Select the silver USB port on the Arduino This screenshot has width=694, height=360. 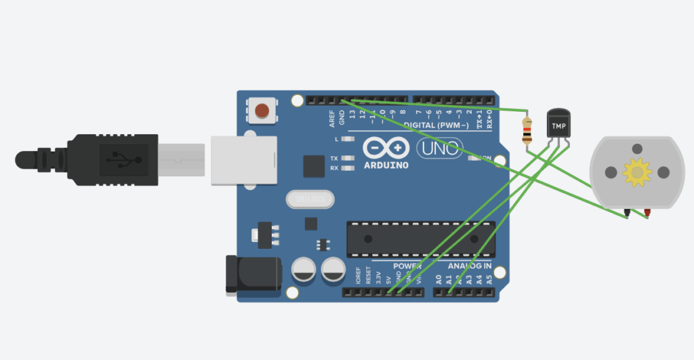pos(244,160)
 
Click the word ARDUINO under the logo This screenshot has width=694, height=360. pos(386,165)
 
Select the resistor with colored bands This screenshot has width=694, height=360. pos(527,130)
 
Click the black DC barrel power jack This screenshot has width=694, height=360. pos(253,275)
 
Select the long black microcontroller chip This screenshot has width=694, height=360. pos(420,239)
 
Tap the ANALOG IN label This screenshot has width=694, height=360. pos(470,266)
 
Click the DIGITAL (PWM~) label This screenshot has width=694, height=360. pos(438,125)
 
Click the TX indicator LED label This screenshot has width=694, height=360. pos(334,157)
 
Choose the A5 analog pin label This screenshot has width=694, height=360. pos(489,278)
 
